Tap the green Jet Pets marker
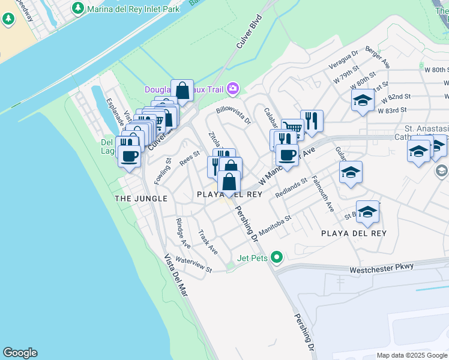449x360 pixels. pyautogui.click(x=277, y=258)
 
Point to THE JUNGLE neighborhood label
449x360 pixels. pyautogui.click(x=141, y=198)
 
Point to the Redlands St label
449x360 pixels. pyautogui.click(x=291, y=188)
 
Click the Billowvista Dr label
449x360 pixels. pyautogui.click(x=234, y=116)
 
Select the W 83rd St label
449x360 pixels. pyautogui.click(x=393, y=110)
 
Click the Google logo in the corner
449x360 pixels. pyautogui.click(x=20, y=353)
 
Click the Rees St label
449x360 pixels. pyautogui.click(x=189, y=158)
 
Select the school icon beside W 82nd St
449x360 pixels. pyautogui.click(x=363, y=100)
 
